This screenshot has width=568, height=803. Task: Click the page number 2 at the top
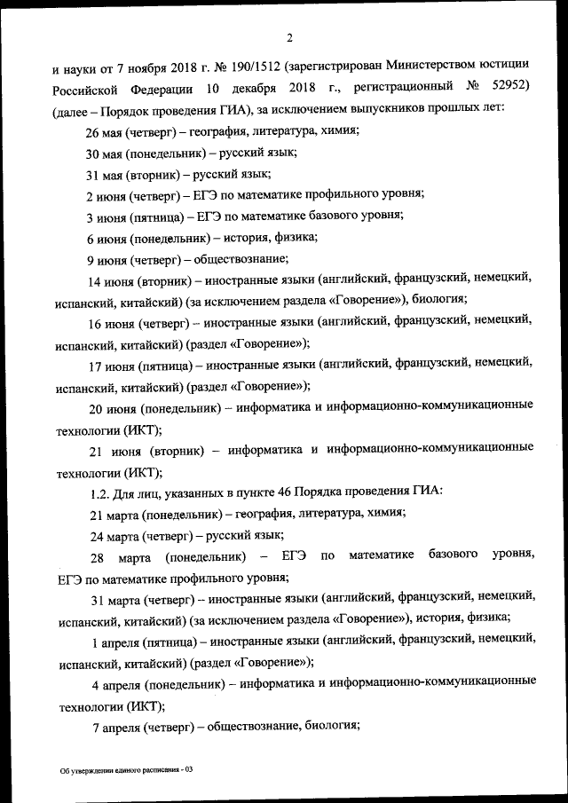pyautogui.click(x=289, y=36)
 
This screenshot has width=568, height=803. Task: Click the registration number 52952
pyautogui.click(x=512, y=86)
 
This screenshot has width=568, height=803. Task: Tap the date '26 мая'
pyautogui.click(x=104, y=130)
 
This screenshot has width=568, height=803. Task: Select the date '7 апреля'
pyautogui.click(x=115, y=725)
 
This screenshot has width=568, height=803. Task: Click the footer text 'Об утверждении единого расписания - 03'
pyautogui.click(x=120, y=770)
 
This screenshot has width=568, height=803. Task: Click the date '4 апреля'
pyautogui.click(x=115, y=682)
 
